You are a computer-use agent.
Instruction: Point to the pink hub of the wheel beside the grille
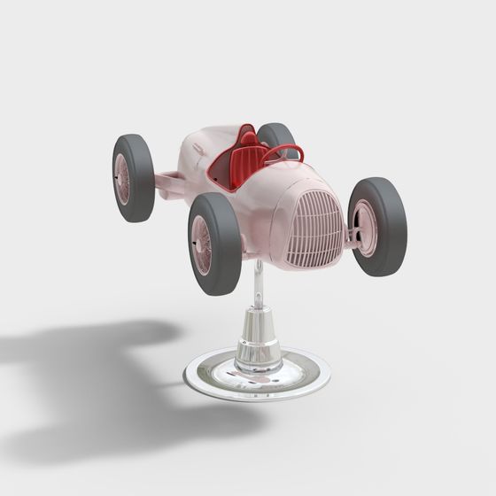point(364,228)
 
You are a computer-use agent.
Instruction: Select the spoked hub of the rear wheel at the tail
point(122,178)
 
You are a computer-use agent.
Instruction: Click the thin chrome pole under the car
point(257,288)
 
